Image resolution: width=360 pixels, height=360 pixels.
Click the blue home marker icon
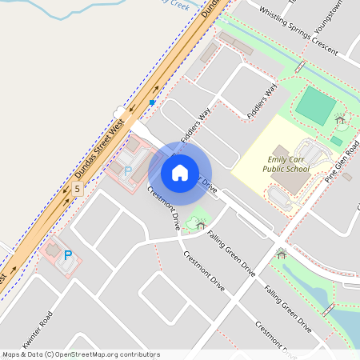point(180,172)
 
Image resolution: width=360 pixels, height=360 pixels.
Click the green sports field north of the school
point(315,106)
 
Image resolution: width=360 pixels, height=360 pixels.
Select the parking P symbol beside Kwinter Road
point(68,255)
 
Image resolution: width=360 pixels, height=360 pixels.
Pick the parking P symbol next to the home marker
point(126,170)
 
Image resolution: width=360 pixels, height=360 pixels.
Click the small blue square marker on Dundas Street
point(152,102)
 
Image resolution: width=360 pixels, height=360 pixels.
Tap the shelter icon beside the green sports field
point(341,120)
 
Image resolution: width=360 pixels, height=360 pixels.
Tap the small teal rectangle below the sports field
point(336,141)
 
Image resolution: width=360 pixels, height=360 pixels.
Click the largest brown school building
point(292,180)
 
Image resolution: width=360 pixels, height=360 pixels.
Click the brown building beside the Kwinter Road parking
point(52,250)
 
